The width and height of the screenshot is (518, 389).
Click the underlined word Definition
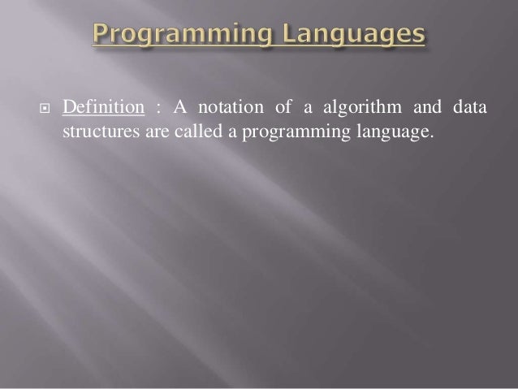(98, 107)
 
